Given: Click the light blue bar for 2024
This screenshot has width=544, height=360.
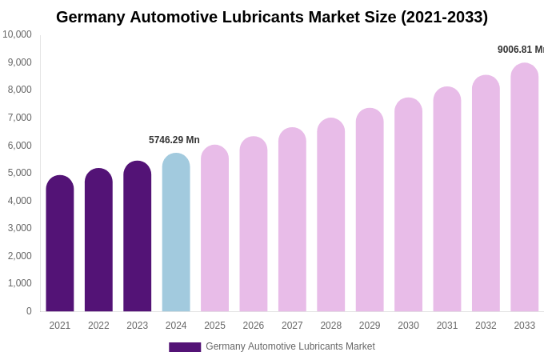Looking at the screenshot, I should (176, 233).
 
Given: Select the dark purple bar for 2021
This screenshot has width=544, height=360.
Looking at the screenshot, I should (60, 244).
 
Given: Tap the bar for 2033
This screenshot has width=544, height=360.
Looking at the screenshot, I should (525, 188).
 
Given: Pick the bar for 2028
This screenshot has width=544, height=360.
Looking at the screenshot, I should (330, 215).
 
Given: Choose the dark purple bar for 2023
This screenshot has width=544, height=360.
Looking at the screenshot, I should (138, 237).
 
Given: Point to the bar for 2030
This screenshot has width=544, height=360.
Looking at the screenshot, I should (408, 205).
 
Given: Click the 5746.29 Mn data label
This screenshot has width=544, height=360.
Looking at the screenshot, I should (174, 140).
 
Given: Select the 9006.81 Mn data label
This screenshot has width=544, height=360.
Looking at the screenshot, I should (520, 50).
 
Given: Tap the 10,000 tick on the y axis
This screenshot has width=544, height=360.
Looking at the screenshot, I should (17, 34).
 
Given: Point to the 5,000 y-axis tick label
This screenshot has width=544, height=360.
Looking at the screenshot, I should (19, 173).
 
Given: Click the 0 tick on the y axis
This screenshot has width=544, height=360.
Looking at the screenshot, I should (29, 311).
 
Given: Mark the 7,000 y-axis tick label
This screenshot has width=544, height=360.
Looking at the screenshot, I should (19, 118).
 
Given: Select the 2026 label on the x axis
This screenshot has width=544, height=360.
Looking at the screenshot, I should (254, 326).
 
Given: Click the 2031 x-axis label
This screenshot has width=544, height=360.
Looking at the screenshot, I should (447, 326).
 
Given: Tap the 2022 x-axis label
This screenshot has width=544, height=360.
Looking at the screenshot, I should (98, 326).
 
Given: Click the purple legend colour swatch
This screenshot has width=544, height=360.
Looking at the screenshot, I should (185, 347).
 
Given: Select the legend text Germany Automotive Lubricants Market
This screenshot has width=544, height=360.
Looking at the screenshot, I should (290, 346).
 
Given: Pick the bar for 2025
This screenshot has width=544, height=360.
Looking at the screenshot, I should (214, 229).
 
